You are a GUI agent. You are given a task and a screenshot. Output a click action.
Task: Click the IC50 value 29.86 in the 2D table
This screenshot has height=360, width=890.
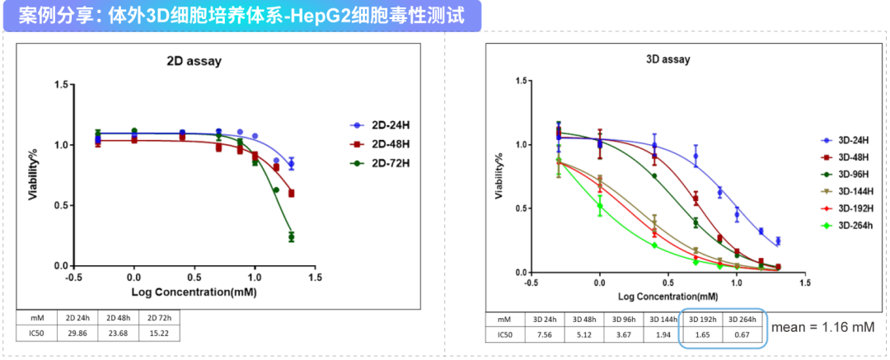click(77, 333)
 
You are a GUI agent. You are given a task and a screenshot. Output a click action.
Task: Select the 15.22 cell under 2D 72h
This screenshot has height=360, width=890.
click(158, 333)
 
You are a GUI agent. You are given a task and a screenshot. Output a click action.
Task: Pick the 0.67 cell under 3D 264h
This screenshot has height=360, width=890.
click(742, 335)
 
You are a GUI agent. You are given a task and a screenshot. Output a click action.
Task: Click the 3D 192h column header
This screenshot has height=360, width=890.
click(701, 319)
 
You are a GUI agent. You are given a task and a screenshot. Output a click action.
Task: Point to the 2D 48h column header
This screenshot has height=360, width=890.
click(118, 316)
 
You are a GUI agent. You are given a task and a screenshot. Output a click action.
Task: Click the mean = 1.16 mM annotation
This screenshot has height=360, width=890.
click(822, 328)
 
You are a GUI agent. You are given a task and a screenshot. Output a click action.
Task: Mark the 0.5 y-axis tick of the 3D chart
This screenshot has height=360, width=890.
click(521, 208)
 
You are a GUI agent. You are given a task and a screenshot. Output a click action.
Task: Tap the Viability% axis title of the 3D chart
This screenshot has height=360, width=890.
click(499, 180)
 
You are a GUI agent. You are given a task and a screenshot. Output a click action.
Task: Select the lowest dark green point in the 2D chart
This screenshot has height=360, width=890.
click(291, 237)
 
